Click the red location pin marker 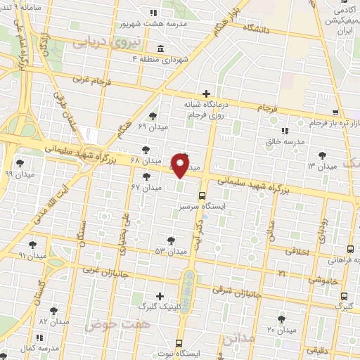point(181,166)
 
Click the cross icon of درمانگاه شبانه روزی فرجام point(206,94)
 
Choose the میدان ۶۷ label point(146,188)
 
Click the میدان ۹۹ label point(19,173)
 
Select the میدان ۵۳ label point(171,251)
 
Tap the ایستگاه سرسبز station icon point(202,196)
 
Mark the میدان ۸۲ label point(53,321)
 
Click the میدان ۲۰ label point(281,329)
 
